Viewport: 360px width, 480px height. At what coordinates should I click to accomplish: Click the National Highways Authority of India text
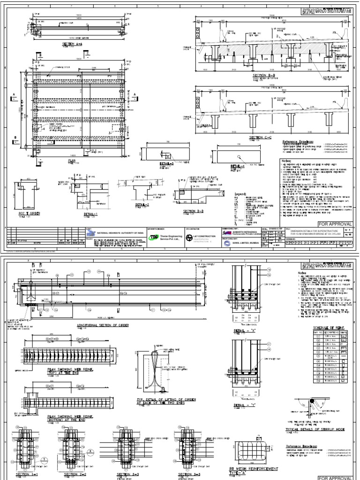[117, 231]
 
